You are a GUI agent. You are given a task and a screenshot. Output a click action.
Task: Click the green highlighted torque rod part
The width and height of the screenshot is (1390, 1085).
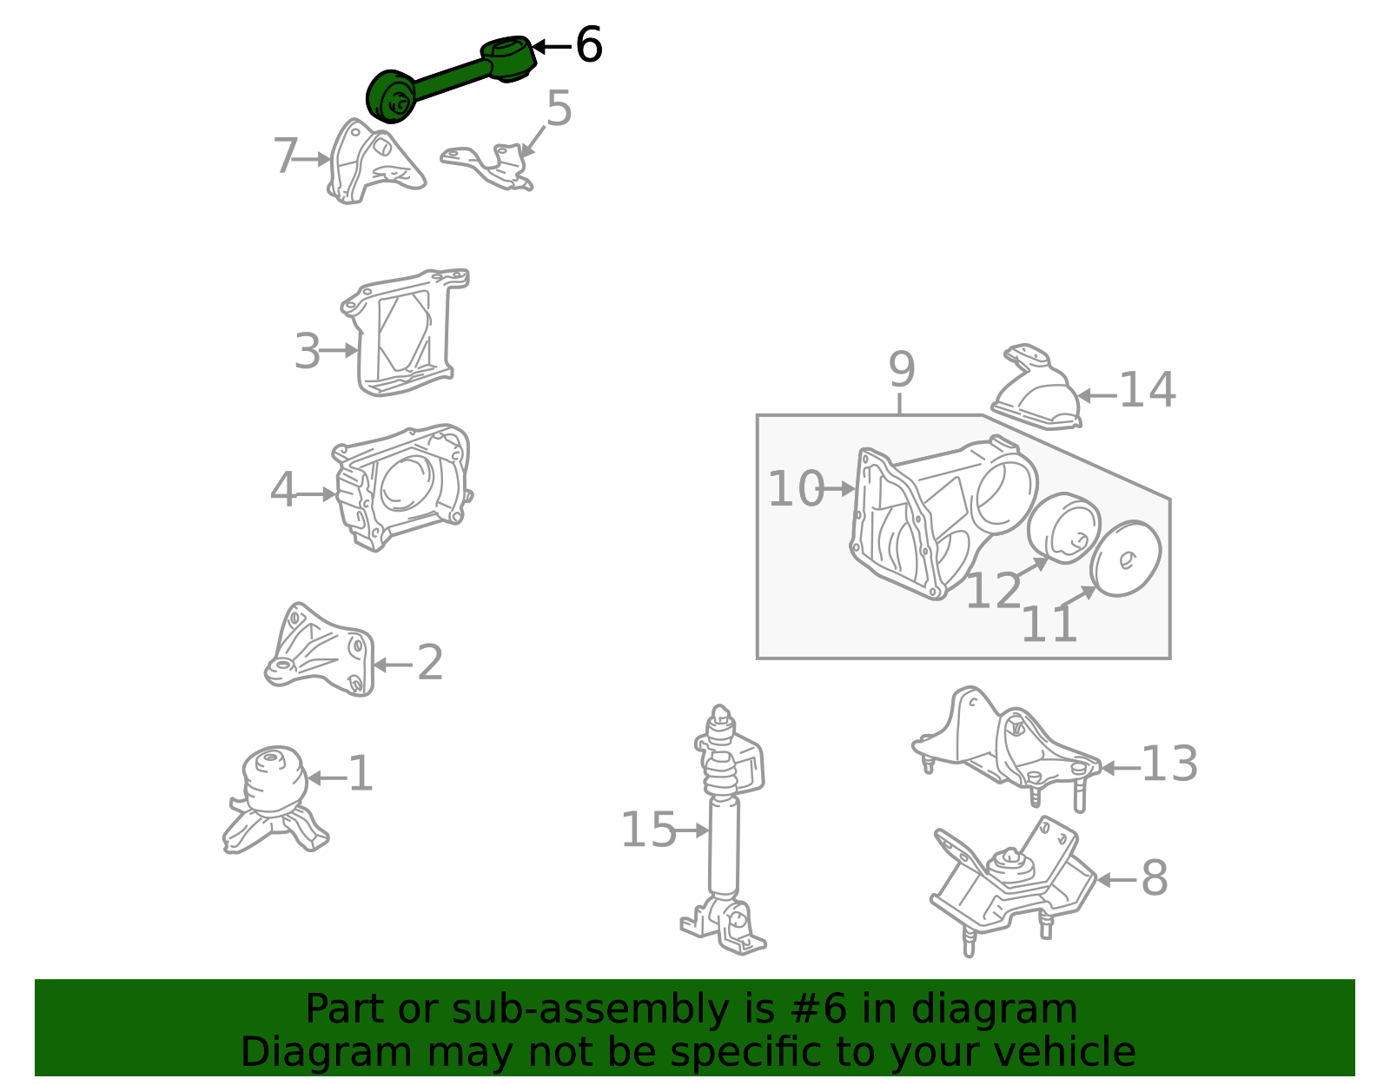(x=450, y=78)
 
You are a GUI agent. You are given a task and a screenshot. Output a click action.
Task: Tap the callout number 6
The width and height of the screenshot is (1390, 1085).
(x=588, y=45)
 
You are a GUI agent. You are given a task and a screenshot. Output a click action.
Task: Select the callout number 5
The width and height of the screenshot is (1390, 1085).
(x=559, y=108)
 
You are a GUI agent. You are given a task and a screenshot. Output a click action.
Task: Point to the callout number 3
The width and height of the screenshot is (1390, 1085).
(x=307, y=351)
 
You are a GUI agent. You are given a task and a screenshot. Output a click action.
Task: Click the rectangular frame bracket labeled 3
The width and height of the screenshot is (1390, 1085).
(x=409, y=333)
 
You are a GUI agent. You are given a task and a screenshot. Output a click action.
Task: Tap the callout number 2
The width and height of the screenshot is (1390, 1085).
(x=430, y=663)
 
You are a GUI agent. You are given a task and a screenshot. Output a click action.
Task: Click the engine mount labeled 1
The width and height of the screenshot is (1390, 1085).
(x=275, y=799)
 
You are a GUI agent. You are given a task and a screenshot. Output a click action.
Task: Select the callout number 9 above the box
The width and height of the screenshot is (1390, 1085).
(x=902, y=369)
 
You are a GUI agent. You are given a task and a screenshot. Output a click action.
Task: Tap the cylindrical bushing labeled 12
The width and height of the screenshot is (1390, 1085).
(x=1064, y=528)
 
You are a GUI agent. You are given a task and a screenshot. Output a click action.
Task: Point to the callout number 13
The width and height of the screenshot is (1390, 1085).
(x=1169, y=764)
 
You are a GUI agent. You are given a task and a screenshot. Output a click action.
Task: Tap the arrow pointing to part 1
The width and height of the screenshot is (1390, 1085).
(x=327, y=778)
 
